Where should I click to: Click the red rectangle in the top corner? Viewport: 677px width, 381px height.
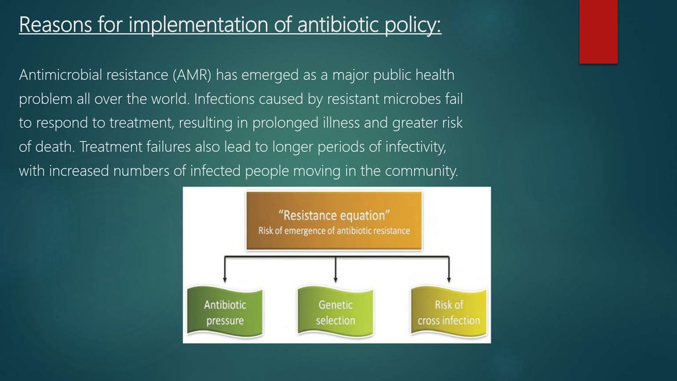[598, 31]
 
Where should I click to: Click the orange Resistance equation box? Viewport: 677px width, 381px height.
[334, 221]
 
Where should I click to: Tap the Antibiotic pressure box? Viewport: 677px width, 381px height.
[225, 312]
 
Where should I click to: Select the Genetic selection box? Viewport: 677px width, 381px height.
[336, 312]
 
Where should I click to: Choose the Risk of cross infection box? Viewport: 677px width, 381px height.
[449, 312]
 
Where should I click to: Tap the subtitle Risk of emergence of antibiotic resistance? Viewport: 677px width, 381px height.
[334, 231]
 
